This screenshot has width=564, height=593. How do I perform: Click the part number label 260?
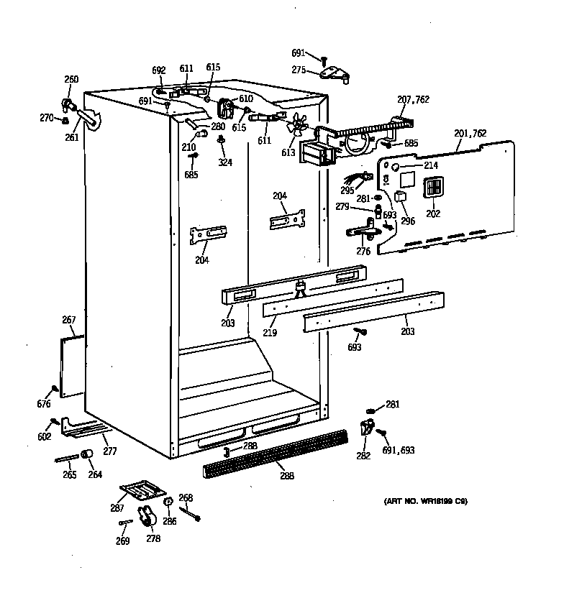pos(71,80)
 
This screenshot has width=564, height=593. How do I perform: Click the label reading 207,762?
pos(413,100)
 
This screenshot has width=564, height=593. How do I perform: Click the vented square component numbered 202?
pos(432,188)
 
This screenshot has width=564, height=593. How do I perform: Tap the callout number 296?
pos(408,221)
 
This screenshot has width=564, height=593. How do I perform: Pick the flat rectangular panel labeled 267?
pos(71,367)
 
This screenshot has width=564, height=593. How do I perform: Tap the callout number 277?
pos(109,451)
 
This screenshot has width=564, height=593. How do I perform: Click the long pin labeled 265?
pos(65,459)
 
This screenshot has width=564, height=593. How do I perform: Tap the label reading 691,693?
pos(399,451)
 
